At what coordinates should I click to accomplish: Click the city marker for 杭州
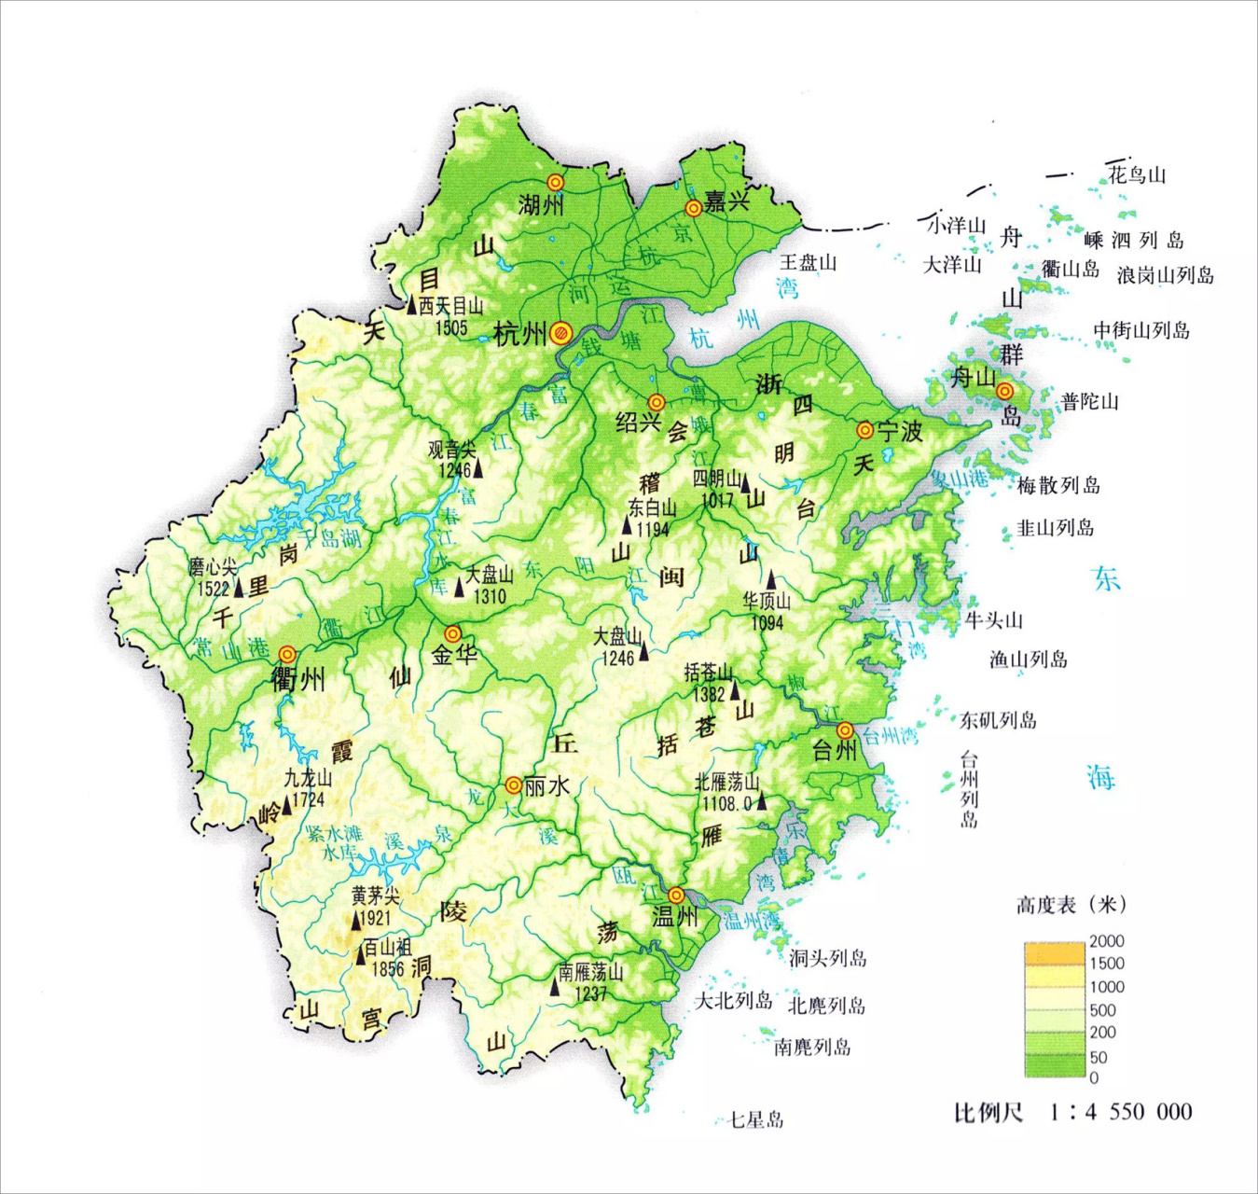560,332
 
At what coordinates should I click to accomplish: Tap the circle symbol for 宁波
865,430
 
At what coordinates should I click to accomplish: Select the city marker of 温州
676,895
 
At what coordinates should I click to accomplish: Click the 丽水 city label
546,786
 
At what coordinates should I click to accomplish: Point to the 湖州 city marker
556,182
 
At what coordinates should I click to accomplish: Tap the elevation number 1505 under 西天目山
451,326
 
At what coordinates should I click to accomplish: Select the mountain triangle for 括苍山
735,690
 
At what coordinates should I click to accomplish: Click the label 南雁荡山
590,972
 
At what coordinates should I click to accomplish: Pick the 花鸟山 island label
1137,174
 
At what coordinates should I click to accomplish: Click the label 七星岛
755,1119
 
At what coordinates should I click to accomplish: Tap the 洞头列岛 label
828,958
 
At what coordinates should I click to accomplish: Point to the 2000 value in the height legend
1107,941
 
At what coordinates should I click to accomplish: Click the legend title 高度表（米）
1071,904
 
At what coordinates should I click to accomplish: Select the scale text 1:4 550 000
1120,1112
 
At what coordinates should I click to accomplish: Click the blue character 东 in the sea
1107,579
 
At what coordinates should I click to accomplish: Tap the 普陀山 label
1089,402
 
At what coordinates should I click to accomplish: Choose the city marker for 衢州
287,655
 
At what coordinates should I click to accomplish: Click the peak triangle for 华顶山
771,580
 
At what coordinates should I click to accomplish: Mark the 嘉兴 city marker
693,207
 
